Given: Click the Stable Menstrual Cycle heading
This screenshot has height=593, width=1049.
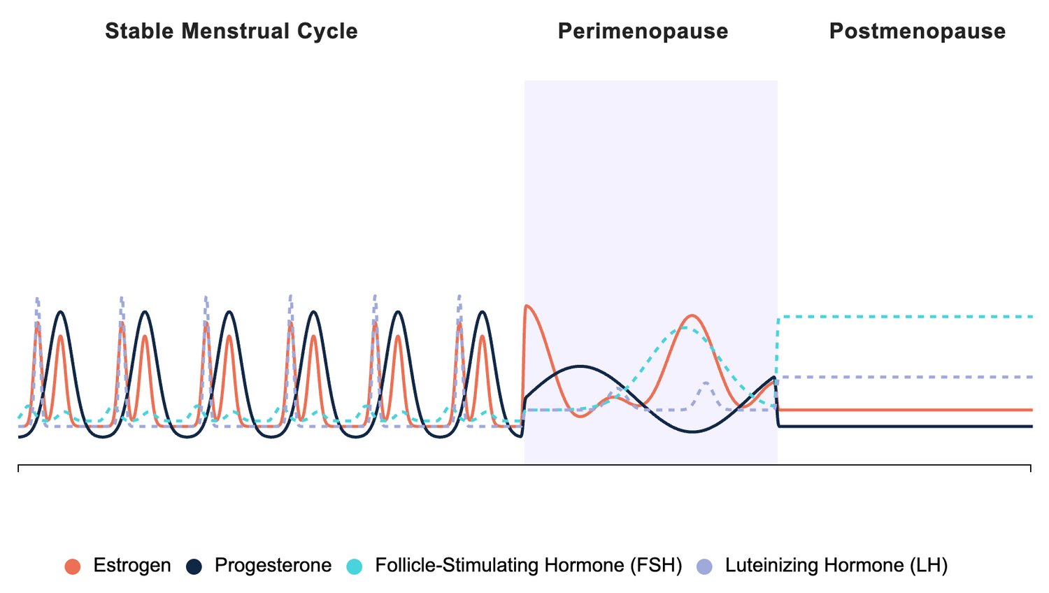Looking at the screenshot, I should pyautogui.click(x=231, y=31).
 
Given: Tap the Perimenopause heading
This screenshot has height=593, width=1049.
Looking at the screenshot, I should pyautogui.click(x=643, y=31).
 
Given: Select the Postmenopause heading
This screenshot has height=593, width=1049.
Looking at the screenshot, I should pyautogui.click(x=917, y=31).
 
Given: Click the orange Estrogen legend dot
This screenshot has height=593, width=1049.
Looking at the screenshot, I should pyautogui.click(x=73, y=566).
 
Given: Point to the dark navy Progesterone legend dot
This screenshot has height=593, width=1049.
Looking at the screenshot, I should pyautogui.click(x=194, y=566).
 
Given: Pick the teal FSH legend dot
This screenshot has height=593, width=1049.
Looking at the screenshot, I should pyautogui.click(x=355, y=566).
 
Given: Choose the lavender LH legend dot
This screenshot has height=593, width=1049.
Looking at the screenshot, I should pyautogui.click(x=705, y=566).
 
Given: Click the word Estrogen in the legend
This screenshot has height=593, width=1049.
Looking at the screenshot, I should pyautogui.click(x=132, y=566).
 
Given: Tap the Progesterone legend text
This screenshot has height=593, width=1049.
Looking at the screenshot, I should pyautogui.click(x=273, y=566).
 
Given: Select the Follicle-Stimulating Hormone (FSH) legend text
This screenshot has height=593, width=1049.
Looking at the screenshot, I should pyautogui.click(x=528, y=566).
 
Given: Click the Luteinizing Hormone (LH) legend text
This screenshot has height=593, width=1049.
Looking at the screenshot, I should pyautogui.click(x=836, y=566).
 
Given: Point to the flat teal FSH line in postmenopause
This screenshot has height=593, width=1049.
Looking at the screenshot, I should pyautogui.click(x=909, y=317).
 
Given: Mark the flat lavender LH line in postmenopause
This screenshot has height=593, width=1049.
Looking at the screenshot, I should pyautogui.click(x=909, y=377).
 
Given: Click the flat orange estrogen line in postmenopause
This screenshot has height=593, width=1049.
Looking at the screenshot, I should pyautogui.click(x=909, y=410).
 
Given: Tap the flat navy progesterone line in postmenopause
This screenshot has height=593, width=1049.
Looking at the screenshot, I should pyautogui.click(x=909, y=426).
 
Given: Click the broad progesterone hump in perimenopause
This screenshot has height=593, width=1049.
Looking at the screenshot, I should pyautogui.click(x=580, y=366).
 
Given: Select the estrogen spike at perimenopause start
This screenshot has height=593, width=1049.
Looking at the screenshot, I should pyautogui.click(x=527, y=306).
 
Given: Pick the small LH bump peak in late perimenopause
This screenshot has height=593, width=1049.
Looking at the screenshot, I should pyautogui.click(x=706, y=383).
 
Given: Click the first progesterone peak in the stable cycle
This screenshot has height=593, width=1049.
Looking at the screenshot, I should pyautogui.click(x=62, y=312).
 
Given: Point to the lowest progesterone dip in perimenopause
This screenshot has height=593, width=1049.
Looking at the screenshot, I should pyautogui.click(x=692, y=432).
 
